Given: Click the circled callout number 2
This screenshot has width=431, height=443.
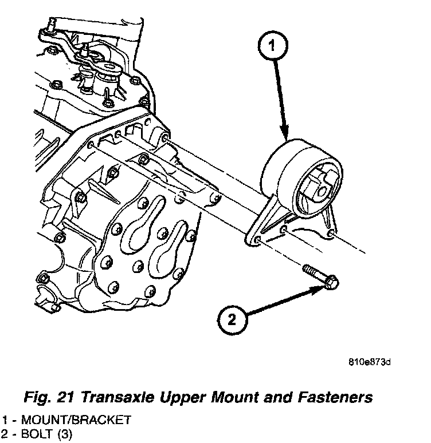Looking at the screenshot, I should (232, 320).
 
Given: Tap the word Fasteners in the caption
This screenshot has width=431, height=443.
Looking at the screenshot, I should (336, 397).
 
